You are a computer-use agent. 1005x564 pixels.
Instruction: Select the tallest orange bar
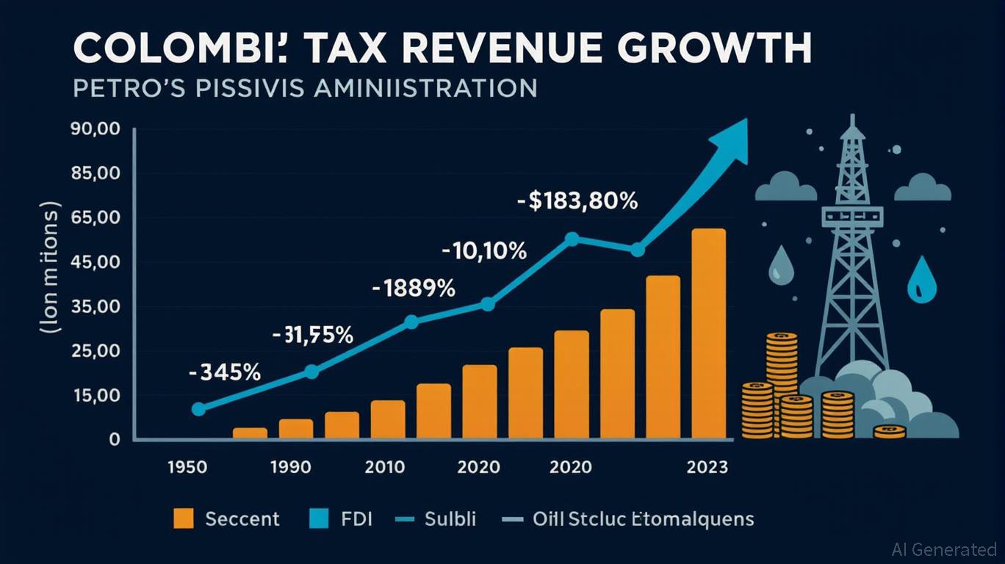coord(708,334)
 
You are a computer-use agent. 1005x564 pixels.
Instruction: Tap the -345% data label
coord(224,372)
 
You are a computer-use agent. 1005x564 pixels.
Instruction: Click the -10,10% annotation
coord(484,252)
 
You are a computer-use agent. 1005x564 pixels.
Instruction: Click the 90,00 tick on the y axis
coord(95,130)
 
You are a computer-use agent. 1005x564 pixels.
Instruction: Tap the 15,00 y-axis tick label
coord(95,396)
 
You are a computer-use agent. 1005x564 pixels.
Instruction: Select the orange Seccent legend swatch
coord(184,518)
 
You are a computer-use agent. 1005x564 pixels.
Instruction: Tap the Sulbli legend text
coord(450,519)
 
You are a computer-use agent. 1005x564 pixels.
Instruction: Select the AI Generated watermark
coord(944,549)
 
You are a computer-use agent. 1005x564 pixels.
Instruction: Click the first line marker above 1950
coord(198,409)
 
